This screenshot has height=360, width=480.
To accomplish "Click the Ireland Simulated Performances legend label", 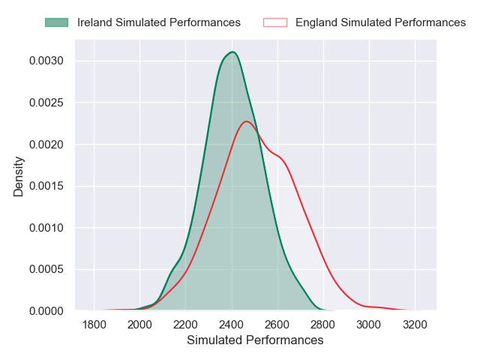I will pos(159,22).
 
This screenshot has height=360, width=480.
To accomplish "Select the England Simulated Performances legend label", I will pos(380,22).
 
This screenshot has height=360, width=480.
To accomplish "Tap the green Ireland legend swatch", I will pos(56,22).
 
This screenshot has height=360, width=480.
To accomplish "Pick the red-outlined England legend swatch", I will pos(275,22).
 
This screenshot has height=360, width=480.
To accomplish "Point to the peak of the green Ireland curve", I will pos(232,52).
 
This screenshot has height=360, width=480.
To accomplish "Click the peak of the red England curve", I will pos(247,121).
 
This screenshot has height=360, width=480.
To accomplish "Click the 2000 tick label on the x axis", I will pos(139,325).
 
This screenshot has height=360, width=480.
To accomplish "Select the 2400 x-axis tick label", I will pos(231,325).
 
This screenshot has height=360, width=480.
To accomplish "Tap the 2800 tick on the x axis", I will pos(322,325).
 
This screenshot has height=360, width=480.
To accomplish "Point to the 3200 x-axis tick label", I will pos(414,325).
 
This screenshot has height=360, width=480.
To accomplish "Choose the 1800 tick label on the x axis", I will pos(94,325).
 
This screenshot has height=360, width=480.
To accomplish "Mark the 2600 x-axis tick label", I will pos(277,325).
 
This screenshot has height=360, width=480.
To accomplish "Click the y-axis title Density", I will pos(19,176).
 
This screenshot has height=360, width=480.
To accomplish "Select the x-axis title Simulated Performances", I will pos(255,340).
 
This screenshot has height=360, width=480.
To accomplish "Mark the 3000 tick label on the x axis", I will pos(368,325).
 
